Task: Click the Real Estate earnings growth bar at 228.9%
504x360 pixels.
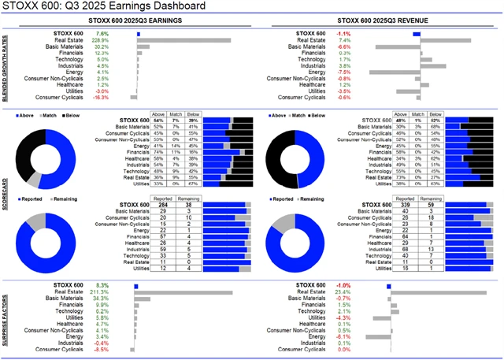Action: (184, 40)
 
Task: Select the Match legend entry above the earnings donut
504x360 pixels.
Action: (52, 115)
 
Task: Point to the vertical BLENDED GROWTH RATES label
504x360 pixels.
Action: (7, 66)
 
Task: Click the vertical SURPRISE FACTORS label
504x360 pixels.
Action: (7, 316)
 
